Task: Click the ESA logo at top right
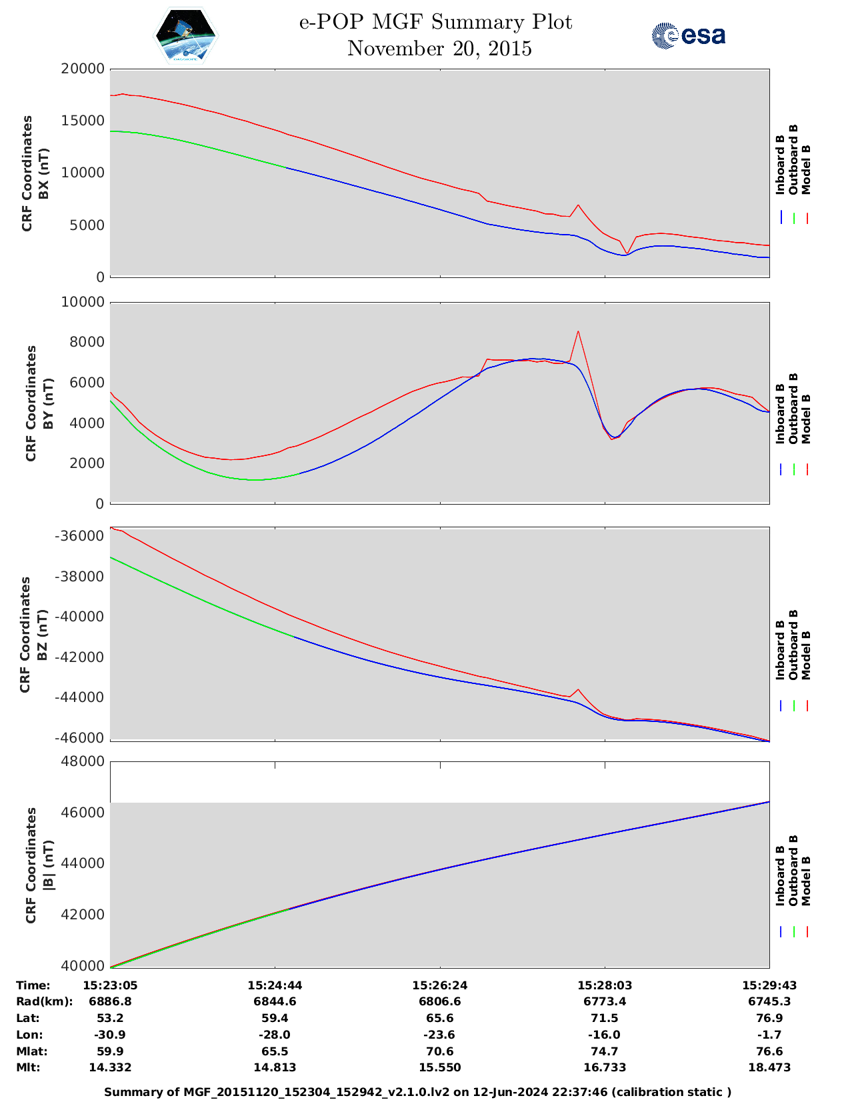click(x=689, y=35)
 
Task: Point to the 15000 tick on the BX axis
click(x=83, y=121)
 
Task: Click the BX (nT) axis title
click(x=44, y=173)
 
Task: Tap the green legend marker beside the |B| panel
click(x=793, y=931)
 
